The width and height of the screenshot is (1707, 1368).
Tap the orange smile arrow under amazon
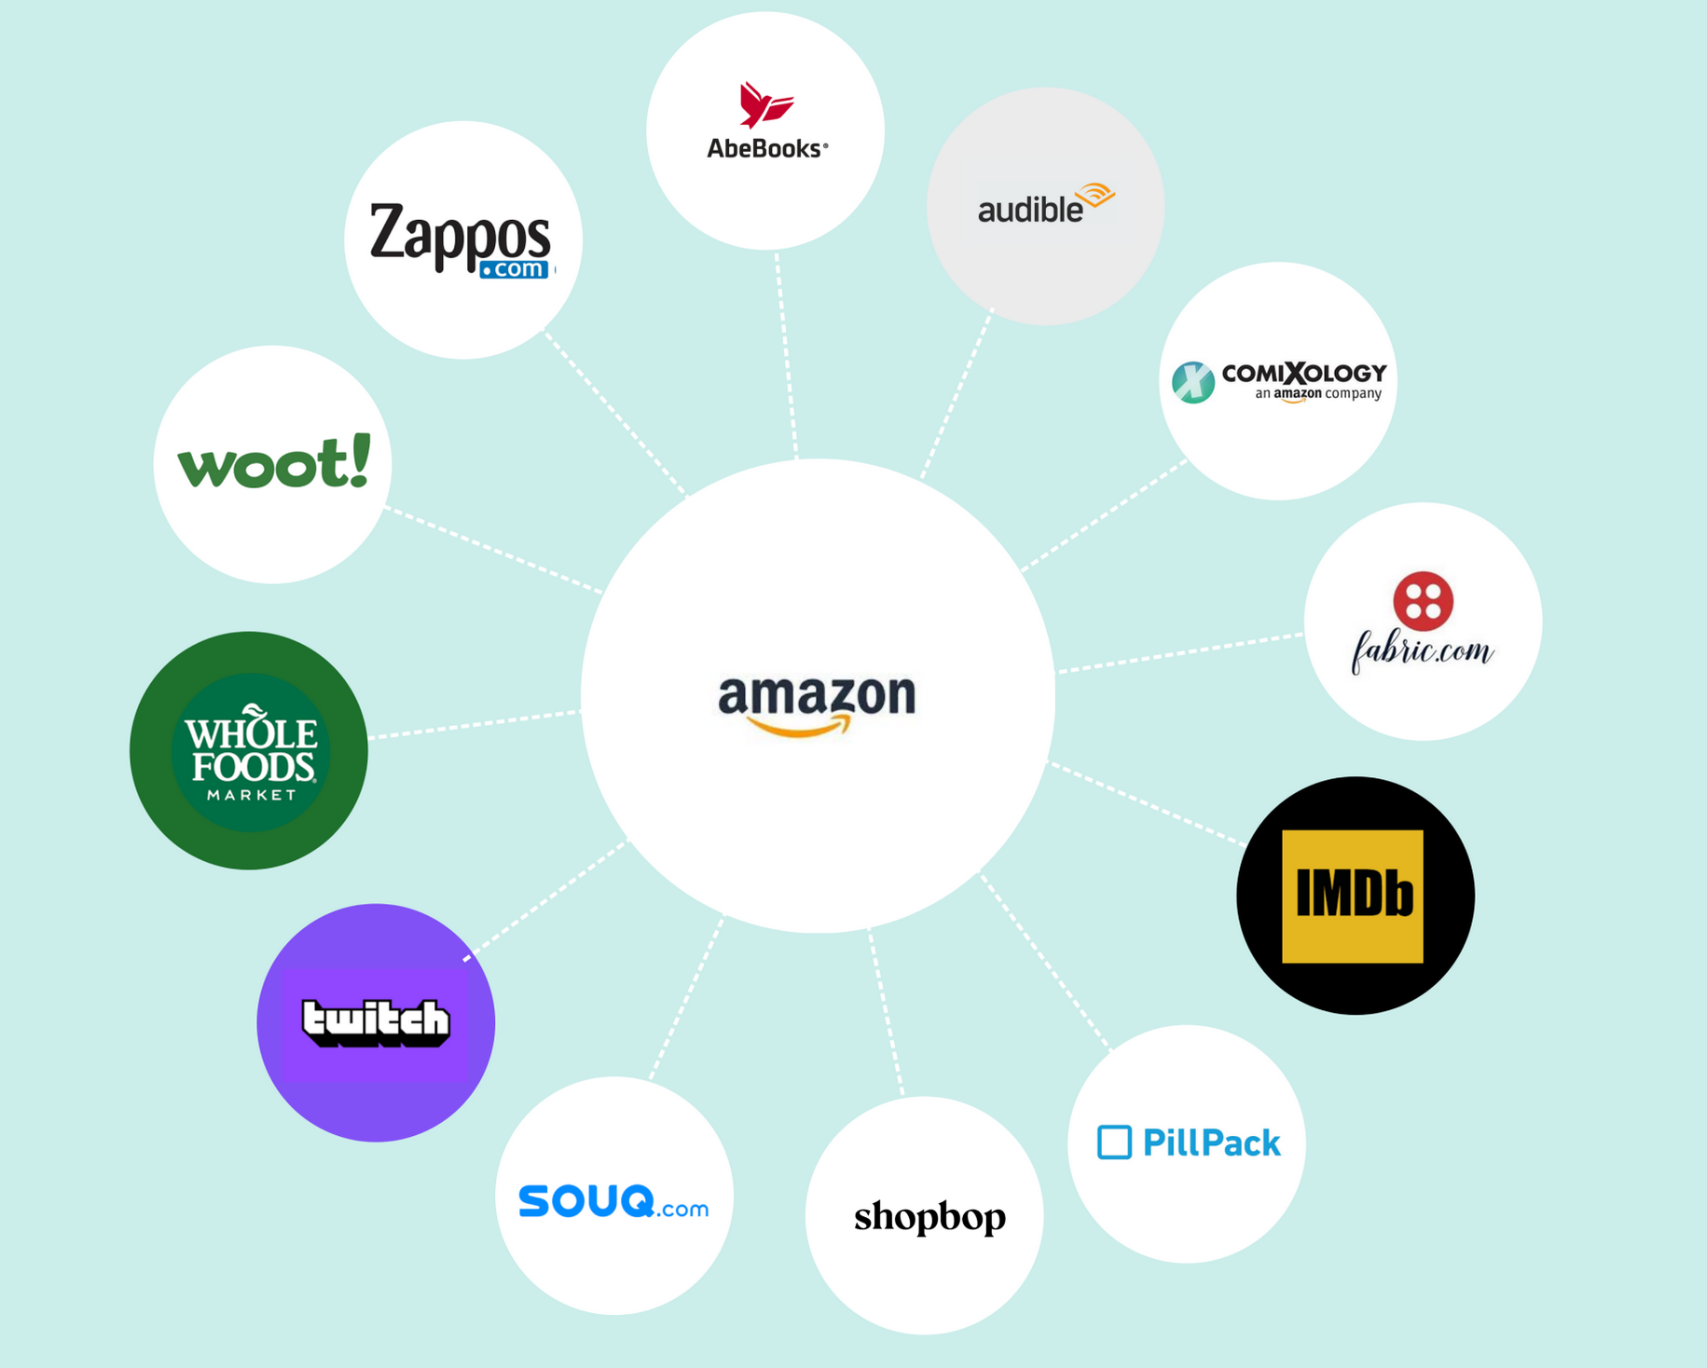pos(800,726)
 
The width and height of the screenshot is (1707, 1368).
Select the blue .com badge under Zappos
pos(515,269)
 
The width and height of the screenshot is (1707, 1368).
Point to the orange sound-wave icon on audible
pos(1095,195)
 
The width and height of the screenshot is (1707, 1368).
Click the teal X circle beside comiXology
pos(1193,382)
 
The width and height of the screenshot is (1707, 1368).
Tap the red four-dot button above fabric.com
pos(1423,601)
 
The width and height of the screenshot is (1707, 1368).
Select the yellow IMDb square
pos(1353,896)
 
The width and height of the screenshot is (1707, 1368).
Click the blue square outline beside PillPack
pos(1114,1142)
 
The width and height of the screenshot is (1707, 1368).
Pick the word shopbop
pos(929,1217)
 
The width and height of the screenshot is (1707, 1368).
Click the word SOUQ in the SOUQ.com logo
pos(585,1200)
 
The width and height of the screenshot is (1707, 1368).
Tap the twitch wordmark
pos(376,1022)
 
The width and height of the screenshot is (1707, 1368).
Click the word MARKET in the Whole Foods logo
pos(251,795)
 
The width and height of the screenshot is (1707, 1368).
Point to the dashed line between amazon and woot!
pos(494,550)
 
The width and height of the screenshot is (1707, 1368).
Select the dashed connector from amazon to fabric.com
pos(1179,652)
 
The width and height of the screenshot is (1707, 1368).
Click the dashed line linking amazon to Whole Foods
pos(475,724)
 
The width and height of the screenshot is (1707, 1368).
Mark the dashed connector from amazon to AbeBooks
pos(786,355)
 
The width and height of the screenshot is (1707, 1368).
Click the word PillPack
pos(1211,1142)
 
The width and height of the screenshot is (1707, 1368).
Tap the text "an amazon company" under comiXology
pos(1318,394)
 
